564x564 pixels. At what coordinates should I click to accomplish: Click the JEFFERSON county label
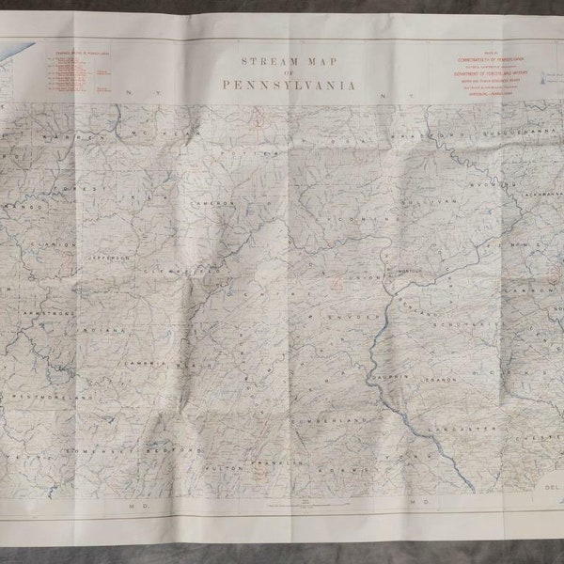coord(110,256)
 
